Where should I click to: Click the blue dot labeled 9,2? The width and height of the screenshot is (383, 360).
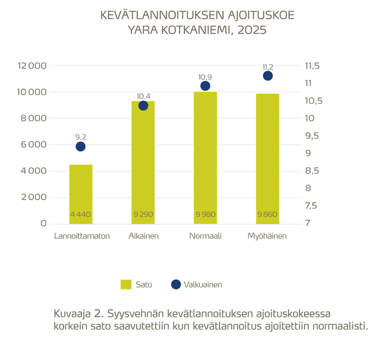81,146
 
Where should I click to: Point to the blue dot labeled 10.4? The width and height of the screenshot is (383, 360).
143,105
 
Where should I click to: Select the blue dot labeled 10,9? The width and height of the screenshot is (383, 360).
205,86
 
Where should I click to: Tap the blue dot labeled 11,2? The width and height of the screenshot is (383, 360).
267,76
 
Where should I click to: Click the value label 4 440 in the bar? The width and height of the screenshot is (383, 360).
81,215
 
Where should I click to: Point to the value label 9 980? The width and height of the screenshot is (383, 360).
205,215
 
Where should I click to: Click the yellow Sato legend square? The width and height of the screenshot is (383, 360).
126,285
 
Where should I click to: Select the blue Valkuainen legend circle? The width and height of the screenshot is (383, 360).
176,285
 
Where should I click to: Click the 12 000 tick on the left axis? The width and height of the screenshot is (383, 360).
32,66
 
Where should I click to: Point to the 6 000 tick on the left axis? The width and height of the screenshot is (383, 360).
34,145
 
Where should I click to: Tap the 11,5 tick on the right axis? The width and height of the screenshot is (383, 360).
312,66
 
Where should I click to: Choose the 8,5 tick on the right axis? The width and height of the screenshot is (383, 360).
312,171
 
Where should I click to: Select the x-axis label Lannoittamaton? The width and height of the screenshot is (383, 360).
82,236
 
